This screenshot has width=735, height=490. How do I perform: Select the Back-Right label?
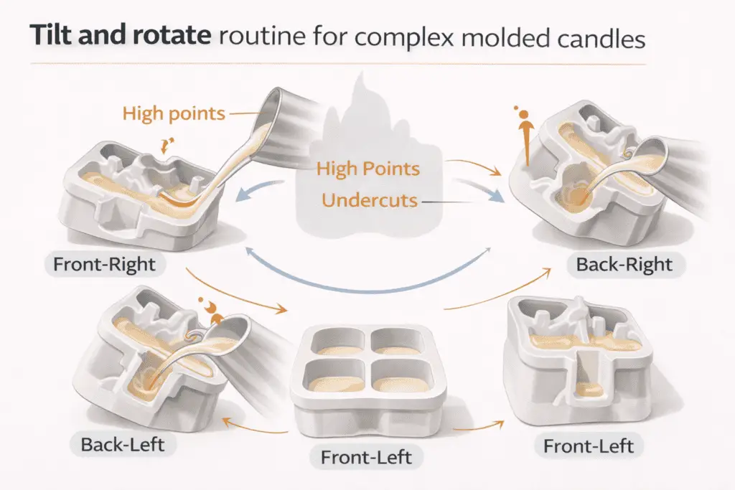coord(624,265)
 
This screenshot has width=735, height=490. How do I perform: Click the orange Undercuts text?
coord(370,200)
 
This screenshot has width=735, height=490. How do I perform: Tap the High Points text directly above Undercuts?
coord(367,170)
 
